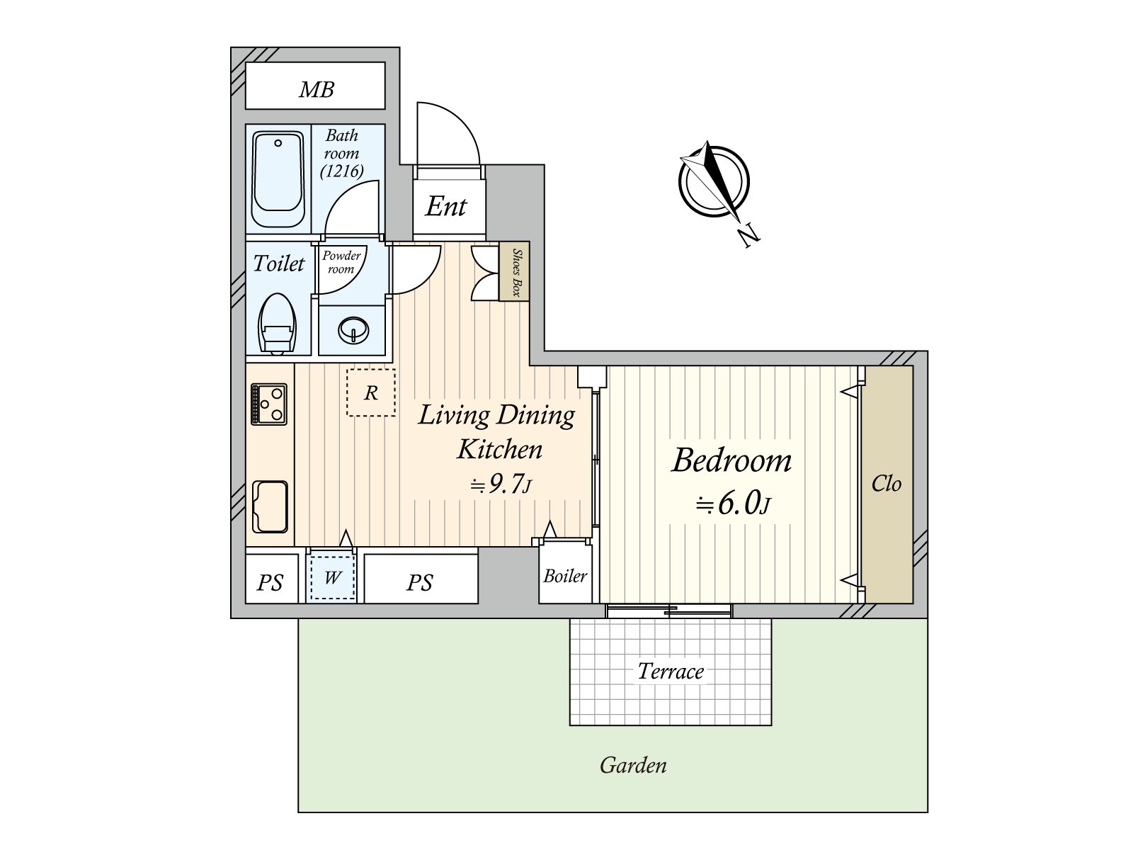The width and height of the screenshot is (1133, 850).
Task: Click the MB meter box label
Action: click(x=316, y=89)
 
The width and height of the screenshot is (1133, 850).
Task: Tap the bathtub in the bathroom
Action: click(x=278, y=178)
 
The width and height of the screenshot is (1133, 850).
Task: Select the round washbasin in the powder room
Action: click(x=353, y=330)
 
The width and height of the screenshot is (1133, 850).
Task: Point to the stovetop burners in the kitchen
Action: click(x=269, y=404)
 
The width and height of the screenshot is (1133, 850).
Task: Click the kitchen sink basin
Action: click(x=270, y=506)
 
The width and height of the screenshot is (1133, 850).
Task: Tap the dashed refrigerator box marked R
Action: click(x=371, y=392)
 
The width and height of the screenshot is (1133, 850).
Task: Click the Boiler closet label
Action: click(x=565, y=576)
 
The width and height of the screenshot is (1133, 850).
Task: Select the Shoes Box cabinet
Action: click(x=514, y=271)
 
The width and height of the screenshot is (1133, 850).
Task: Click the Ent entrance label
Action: click(x=446, y=207)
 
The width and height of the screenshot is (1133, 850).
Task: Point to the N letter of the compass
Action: click(x=747, y=235)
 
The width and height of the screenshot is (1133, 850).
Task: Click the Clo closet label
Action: click(x=887, y=484)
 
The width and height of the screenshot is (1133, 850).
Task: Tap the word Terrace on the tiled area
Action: click(x=671, y=671)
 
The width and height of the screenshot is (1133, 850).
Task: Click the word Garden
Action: click(x=633, y=766)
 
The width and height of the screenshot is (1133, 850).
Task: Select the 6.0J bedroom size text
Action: click(x=733, y=504)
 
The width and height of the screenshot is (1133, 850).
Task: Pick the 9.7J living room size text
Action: click(x=501, y=484)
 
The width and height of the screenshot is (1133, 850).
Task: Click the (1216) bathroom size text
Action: click(x=341, y=171)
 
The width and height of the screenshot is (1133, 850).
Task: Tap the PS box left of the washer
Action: click(x=270, y=582)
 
